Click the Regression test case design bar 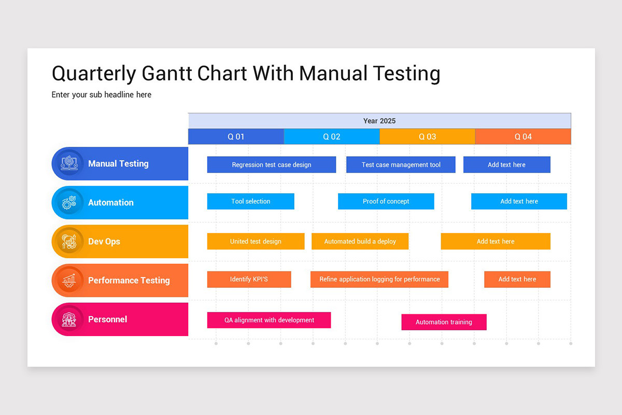tap(272, 165)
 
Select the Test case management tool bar tap(401, 165)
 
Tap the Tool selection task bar tap(250, 201)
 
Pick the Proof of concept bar tap(386, 201)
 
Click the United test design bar tap(256, 241)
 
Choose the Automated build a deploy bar tap(360, 241)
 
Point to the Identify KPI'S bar tap(249, 279)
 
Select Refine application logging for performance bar tap(379, 279)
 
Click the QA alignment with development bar tap(269, 320)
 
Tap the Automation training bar tap(444, 322)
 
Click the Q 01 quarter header tap(236, 137)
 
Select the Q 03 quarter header tap(427, 137)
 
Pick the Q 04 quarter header tap(523, 137)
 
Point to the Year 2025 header tap(379, 121)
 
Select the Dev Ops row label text tap(104, 242)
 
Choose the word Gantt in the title tap(166, 74)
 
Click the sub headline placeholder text tap(102, 95)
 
